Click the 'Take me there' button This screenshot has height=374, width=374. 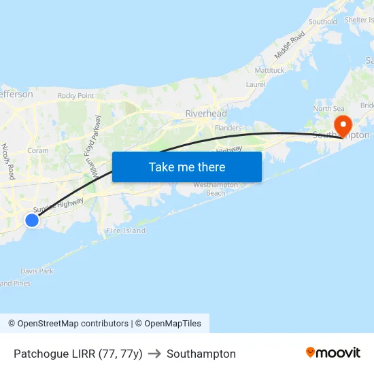(187, 167)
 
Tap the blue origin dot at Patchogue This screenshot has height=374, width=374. (31, 220)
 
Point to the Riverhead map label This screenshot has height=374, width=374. (206, 114)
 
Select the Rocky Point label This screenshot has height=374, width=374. (75, 96)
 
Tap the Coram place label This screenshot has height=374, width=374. (37, 150)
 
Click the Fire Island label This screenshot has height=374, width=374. (126, 231)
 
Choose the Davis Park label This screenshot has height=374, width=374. (37, 271)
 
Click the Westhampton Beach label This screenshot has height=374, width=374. (216, 189)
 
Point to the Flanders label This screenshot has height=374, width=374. (228, 128)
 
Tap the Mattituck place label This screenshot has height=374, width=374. (269, 70)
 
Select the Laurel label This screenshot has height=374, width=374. (256, 85)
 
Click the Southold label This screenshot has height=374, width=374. (322, 22)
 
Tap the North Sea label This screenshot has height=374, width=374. (328, 109)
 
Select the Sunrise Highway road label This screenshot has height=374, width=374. (58, 205)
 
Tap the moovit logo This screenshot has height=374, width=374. (333, 353)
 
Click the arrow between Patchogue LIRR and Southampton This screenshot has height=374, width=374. (154, 354)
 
